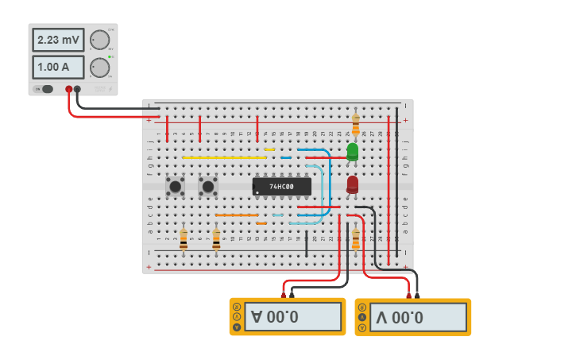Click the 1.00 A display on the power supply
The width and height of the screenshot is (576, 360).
coord(57,67)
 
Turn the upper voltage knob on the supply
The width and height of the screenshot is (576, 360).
coord(99,40)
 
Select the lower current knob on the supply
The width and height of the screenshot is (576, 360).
coord(99,67)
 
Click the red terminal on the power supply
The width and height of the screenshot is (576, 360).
coord(69,89)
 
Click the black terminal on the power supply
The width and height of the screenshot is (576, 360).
coord(78,89)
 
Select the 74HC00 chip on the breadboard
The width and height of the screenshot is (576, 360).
coord(281,187)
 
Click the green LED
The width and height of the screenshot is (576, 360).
coord(353,151)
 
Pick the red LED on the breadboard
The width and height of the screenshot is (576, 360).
coord(353,184)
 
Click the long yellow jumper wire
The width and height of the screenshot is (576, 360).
coord(224,157)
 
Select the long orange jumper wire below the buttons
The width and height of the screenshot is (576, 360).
coord(237,215)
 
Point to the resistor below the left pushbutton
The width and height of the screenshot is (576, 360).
coord(184,239)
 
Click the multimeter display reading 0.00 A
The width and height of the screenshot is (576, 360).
coord(292,317)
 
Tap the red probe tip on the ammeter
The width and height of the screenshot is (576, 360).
coord(283,295)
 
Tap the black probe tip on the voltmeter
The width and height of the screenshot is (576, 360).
coord(417,295)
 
